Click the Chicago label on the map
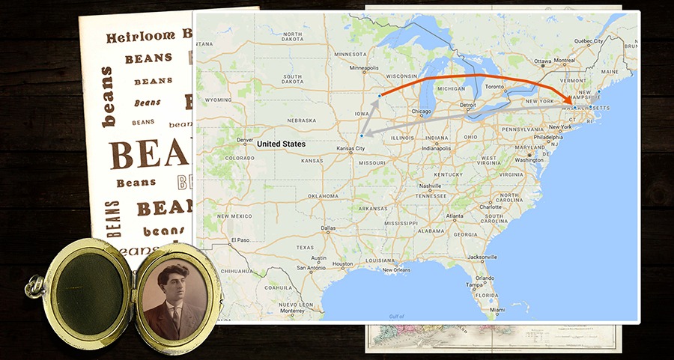pyautogui.click(x=422, y=112)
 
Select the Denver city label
pyautogui.click(x=245, y=140)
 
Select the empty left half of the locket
pyautogui.click(x=91, y=293)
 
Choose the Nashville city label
pyautogui.click(x=430, y=186)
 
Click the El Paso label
pyautogui.click(x=240, y=240)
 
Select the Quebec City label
pyautogui.click(x=587, y=41)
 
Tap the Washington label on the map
pyautogui.click(x=529, y=160)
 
